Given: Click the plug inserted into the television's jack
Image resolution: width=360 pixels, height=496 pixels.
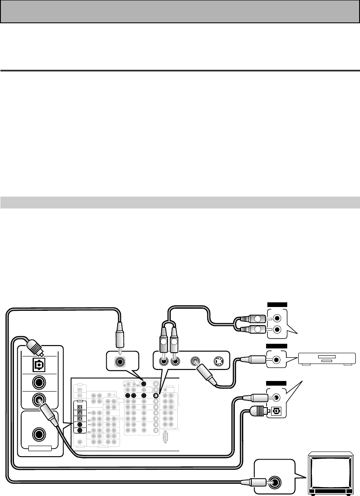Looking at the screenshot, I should (x=253, y=482).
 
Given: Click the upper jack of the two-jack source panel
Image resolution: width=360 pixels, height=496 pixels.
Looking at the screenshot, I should (x=277, y=318).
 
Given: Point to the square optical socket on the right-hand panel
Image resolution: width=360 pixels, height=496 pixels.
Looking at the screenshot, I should (x=277, y=410).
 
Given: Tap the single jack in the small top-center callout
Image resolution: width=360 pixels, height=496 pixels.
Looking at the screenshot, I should (x=121, y=362).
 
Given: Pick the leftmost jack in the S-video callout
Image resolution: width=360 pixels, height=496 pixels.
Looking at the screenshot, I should (x=163, y=362).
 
